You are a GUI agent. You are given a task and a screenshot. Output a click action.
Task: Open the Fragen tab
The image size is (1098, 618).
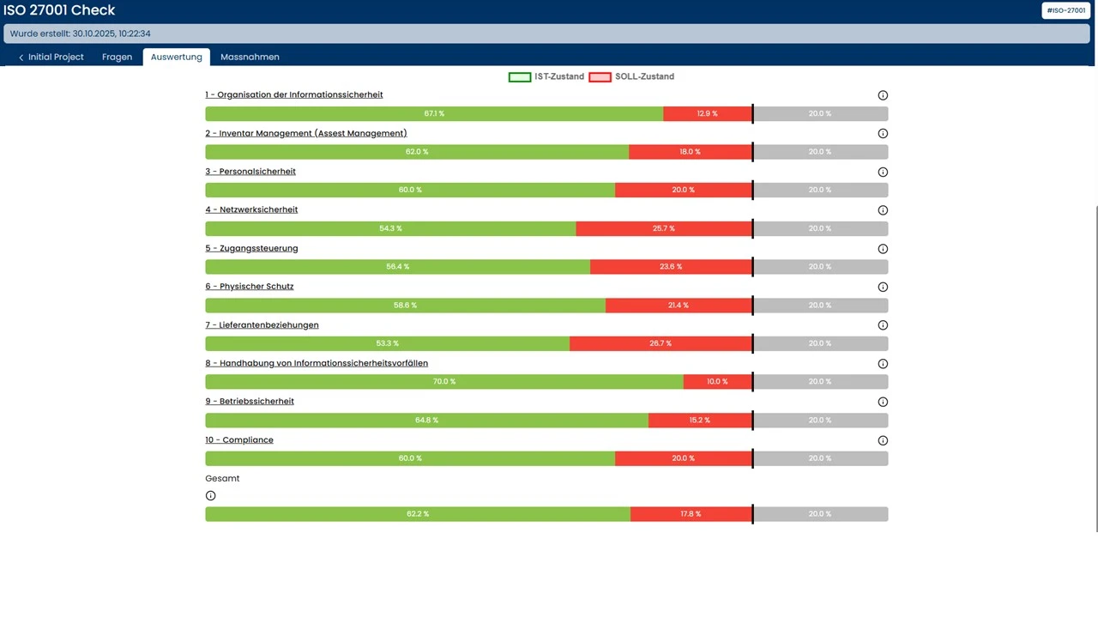point(117,57)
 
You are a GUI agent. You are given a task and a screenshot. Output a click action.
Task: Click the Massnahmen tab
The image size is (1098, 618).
point(250,57)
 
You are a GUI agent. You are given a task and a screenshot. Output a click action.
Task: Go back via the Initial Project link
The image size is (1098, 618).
point(51,57)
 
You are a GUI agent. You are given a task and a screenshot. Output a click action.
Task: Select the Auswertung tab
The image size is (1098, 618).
point(176,57)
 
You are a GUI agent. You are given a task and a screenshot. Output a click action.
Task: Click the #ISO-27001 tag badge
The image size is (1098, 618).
point(1066,10)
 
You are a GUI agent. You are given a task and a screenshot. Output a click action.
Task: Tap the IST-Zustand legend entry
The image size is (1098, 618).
point(546,76)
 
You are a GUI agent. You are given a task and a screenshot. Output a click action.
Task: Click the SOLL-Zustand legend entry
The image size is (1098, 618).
point(631,76)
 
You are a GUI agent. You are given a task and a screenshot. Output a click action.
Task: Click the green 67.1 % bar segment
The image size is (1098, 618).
point(434,113)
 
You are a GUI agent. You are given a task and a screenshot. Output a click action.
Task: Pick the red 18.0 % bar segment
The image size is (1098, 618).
point(690,152)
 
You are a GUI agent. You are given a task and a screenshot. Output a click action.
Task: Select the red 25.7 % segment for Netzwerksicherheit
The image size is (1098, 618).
point(663,228)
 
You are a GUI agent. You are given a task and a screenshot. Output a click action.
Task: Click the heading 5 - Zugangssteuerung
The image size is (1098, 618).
point(251,248)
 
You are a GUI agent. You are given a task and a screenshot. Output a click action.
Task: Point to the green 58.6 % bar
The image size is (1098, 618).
point(405,305)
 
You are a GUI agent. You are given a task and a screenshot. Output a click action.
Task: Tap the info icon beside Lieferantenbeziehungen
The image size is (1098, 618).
point(883,325)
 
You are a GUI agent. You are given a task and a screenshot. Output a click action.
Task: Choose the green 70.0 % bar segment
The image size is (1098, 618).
point(443,381)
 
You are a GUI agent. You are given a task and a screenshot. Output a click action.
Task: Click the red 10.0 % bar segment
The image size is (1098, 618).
point(717,381)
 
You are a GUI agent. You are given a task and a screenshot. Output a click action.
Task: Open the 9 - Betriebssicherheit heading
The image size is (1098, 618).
point(250,401)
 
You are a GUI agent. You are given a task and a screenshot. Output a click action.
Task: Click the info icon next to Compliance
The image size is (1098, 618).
point(883,440)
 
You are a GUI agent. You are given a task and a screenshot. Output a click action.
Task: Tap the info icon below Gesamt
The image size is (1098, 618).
point(211,495)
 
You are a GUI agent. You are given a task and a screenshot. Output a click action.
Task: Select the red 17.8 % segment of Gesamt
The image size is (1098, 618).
point(691,514)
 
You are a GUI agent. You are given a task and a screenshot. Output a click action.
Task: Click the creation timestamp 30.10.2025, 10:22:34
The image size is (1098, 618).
point(112,33)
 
